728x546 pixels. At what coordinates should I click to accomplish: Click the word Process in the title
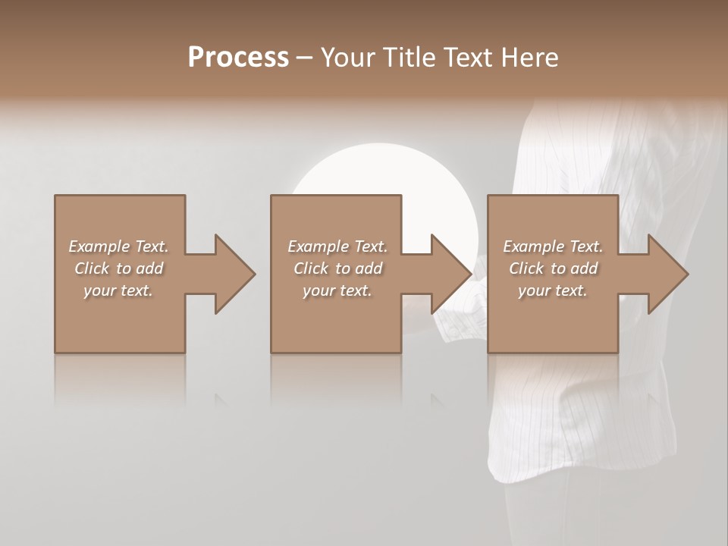click(238, 58)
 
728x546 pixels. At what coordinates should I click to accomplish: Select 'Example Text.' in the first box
click(118, 246)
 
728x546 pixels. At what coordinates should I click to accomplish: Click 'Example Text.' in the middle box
click(337, 246)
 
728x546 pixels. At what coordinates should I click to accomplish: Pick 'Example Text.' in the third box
click(553, 246)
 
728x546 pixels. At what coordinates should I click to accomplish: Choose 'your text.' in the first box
click(118, 290)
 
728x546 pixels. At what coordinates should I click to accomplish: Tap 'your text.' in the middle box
click(337, 290)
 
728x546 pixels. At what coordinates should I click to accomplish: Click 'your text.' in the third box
click(553, 290)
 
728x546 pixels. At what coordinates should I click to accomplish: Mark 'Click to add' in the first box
click(118, 268)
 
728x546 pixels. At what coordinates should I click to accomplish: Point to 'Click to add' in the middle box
click(337, 268)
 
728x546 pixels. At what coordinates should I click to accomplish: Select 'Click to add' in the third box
click(553, 268)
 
